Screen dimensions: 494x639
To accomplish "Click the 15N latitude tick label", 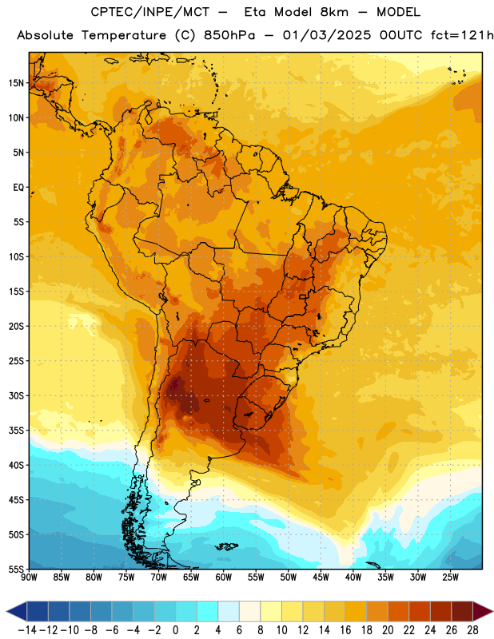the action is (16, 83).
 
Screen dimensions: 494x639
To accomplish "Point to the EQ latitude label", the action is (18, 188).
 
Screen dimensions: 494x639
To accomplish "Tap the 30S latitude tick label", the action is (16, 395).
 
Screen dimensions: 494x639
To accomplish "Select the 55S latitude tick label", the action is (16, 569).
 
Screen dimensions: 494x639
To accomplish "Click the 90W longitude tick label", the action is (30, 577).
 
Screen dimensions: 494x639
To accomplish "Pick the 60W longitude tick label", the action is (224, 577).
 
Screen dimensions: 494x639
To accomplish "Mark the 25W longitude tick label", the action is (450, 577).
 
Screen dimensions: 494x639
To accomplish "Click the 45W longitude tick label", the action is (321, 577).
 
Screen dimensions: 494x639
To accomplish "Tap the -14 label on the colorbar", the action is (27, 630).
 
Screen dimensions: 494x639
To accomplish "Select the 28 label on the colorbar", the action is (472, 630).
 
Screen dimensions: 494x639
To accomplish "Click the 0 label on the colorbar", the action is (175, 630).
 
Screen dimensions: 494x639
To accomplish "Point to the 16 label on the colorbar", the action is (345, 630).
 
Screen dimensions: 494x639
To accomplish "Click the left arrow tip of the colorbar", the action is (6, 611).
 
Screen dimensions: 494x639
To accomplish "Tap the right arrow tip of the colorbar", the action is (492, 611).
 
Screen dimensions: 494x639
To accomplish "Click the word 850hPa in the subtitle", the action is (229, 35).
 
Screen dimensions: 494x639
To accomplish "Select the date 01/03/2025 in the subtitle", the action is (327, 35).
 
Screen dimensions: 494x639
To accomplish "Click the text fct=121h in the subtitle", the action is (462, 35).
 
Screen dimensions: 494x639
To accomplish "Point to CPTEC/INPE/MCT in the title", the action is (149, 12).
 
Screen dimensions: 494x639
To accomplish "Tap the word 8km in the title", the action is (334, 12).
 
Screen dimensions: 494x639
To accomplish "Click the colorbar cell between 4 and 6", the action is (229, 611).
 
